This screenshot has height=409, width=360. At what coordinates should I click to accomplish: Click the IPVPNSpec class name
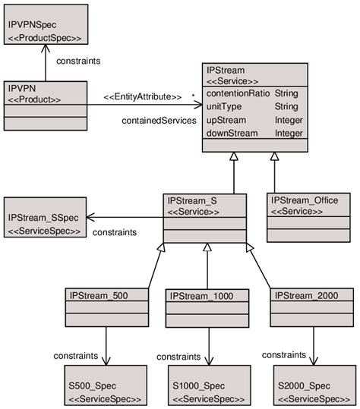point(27,25)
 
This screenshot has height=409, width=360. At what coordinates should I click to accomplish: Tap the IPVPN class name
point(21,88)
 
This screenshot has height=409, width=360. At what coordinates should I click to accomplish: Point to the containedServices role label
point(158,120)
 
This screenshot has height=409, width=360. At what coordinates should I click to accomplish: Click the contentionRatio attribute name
point(238,93)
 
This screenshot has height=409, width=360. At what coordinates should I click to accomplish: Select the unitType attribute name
point(223,106)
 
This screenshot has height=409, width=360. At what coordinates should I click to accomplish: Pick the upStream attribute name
point(226,120)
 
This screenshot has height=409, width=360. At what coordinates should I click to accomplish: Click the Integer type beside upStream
point(289,120)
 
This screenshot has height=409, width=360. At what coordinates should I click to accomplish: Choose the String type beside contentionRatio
point(286,93)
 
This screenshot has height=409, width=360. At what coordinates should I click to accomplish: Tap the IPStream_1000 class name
point(201,295)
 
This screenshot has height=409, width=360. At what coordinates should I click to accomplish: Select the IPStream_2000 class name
point(305,295)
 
